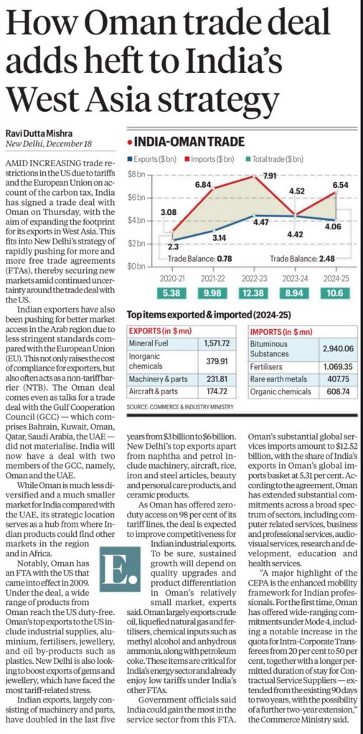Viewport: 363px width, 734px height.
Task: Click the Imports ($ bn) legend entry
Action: [215, 157]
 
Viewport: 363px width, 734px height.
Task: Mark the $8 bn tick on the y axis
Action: [136, 175]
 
